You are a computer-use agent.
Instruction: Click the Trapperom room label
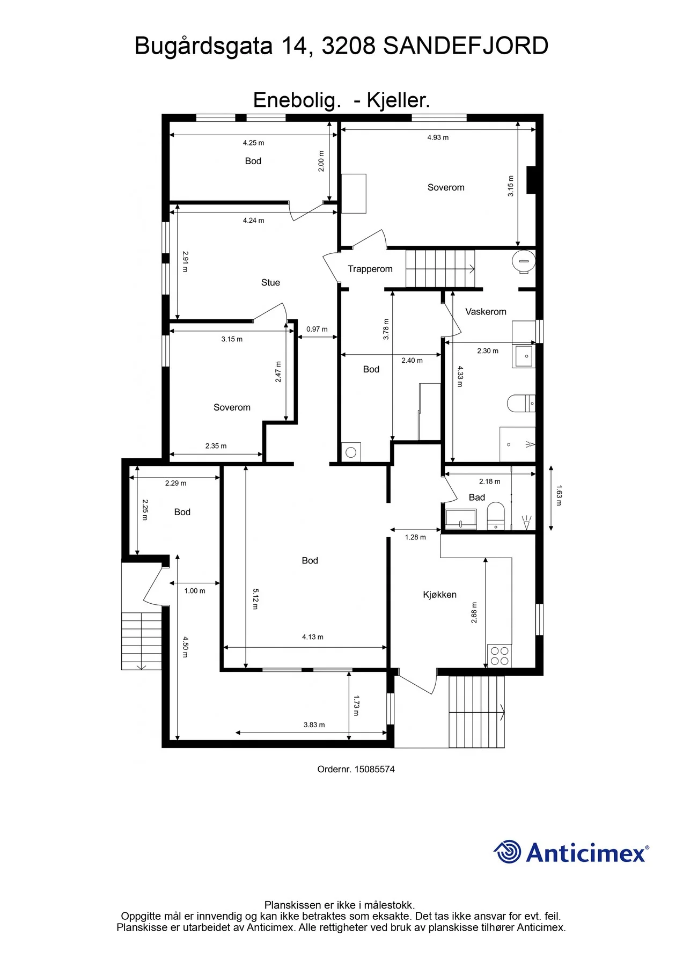[370, 269]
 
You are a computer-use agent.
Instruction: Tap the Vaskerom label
[486, 312]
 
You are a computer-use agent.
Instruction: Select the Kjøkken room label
[439, 595]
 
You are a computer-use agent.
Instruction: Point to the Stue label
[270, 283]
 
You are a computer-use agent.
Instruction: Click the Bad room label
[476, 497]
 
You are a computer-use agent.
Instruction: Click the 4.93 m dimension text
[438, 137]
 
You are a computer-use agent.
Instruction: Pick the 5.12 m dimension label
[256, 599]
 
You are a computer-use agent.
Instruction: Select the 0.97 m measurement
[317, 329]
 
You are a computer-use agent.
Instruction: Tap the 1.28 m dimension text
[415, 537]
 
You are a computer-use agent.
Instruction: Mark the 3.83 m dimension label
[314, 724]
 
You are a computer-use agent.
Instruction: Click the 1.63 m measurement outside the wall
[559, 495]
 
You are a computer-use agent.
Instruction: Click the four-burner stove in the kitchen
[500, 656]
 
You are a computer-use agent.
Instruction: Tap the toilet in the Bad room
[495, 516]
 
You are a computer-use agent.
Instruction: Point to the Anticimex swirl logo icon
[507, 852]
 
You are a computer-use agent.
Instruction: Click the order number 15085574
[374, 769]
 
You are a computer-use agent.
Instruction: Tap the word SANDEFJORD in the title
[466, 46]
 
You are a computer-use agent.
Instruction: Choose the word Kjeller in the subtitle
[398, 100]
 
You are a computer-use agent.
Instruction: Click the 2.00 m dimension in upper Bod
[321, 161]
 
